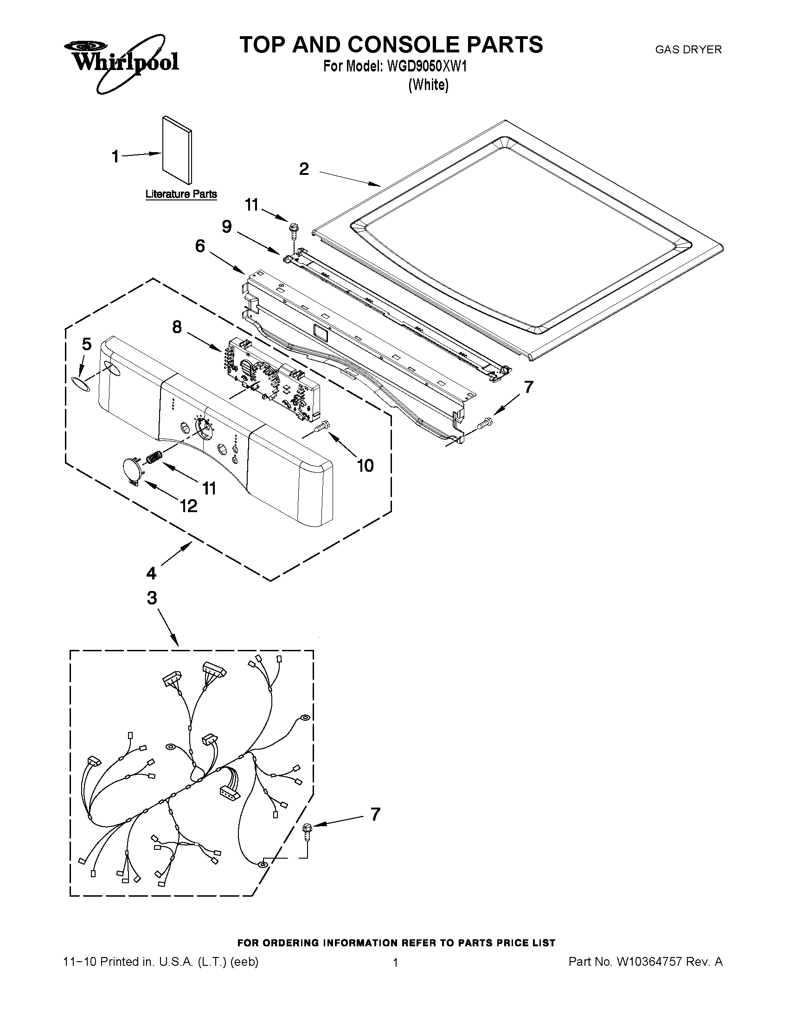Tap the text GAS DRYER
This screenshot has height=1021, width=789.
tap(688, 50)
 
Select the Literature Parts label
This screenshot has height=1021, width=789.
tap(181, 194)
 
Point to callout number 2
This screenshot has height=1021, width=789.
tap(304, 169)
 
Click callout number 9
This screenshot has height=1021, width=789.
tap(227, 227)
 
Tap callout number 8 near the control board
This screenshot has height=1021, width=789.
tap(177, 327)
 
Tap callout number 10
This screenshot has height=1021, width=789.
tap(365, 465)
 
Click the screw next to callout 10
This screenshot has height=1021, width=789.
tap(322, 426)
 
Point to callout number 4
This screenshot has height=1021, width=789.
tap(151, 573)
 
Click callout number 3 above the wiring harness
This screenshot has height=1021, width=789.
tap(152, 598)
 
